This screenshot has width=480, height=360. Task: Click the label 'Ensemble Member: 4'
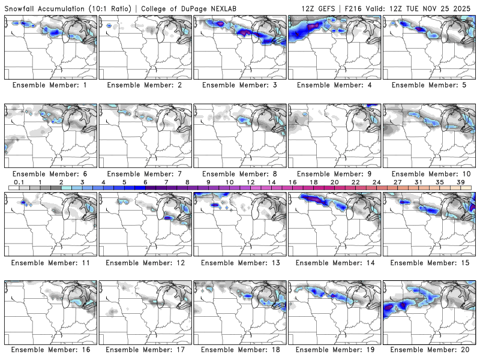pos(335,85)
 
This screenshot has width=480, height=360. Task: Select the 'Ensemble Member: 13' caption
pos(240,263)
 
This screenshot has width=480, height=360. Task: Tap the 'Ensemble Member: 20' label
pos(430,349)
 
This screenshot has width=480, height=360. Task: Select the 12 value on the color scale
pos(250,182)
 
